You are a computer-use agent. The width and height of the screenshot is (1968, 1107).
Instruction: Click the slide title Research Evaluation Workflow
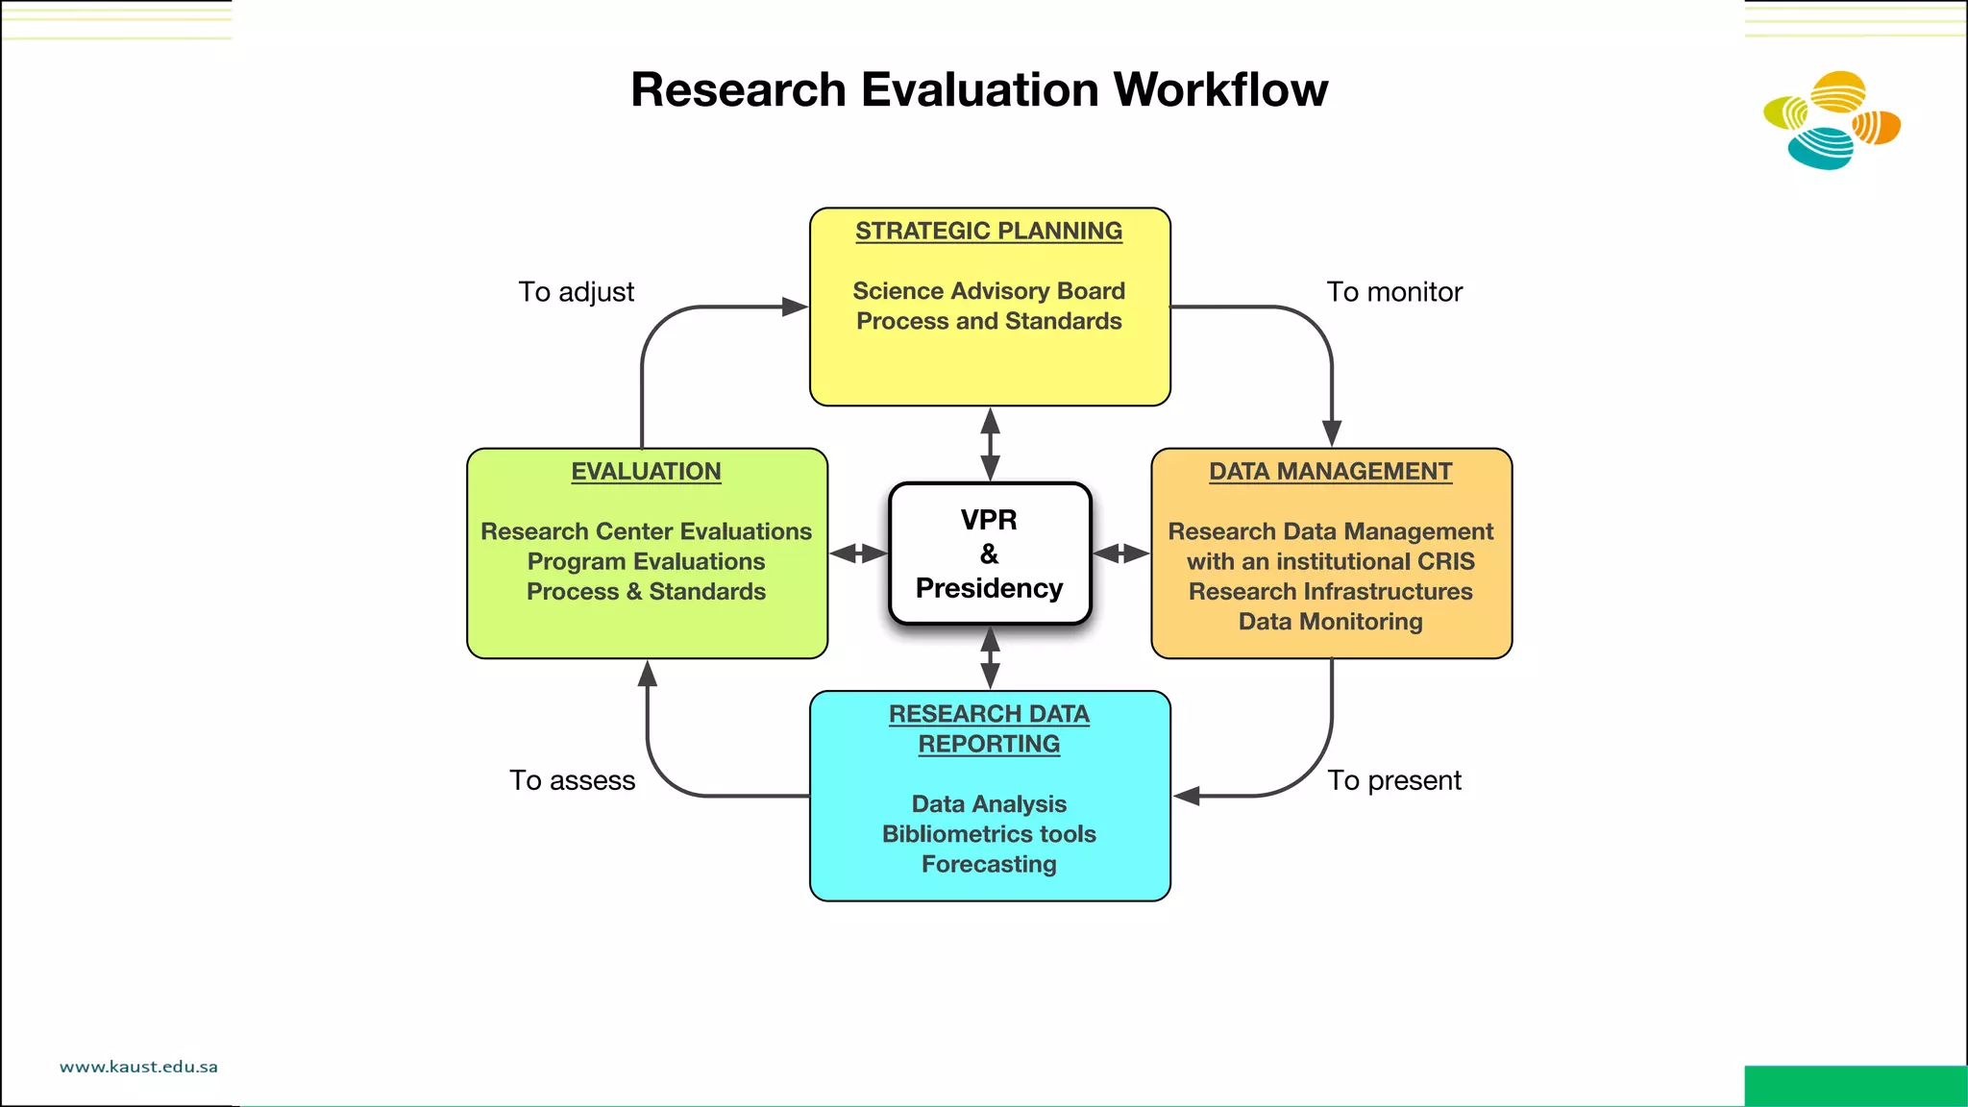pos(978,90)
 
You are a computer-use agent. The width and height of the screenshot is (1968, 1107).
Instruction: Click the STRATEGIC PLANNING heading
pos(989,232)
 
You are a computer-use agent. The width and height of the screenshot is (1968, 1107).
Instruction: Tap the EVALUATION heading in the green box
pos(646,472)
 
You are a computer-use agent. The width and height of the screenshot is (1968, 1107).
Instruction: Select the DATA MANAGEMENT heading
pos(1330,472)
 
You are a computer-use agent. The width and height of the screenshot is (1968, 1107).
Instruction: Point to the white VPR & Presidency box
pos(990,553)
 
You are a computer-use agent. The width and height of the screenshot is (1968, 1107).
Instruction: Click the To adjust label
pos(576,292)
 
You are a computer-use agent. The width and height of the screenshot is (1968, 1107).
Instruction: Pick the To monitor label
pos(1393,292)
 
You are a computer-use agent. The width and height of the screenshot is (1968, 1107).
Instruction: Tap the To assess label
pos(572,780)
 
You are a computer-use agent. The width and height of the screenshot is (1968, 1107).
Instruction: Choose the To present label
pos(1393,780)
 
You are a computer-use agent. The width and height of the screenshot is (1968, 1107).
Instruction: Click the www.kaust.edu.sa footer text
pos(138,1067)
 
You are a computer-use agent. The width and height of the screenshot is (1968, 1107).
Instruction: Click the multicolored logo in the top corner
pos(1832,121)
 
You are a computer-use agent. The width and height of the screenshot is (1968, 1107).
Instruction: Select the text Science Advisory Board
pos(989,291)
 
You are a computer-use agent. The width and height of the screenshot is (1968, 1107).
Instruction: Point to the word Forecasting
pos(989,865)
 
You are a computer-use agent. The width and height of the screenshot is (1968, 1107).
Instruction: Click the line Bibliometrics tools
pos(989,834)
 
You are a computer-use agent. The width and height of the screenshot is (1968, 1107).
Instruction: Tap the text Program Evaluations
pos(646,561)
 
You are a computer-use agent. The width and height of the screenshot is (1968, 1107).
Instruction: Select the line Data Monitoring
pos(1330,622)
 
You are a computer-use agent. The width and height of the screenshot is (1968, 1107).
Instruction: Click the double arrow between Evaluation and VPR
pos(858,553)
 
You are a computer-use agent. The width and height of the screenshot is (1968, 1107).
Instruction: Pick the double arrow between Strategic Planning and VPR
pos(990,445)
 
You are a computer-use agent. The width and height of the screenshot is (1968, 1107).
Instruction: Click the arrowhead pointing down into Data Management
pos(1332,433)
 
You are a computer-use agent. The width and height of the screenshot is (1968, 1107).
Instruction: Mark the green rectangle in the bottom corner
pos(1855,1086)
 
